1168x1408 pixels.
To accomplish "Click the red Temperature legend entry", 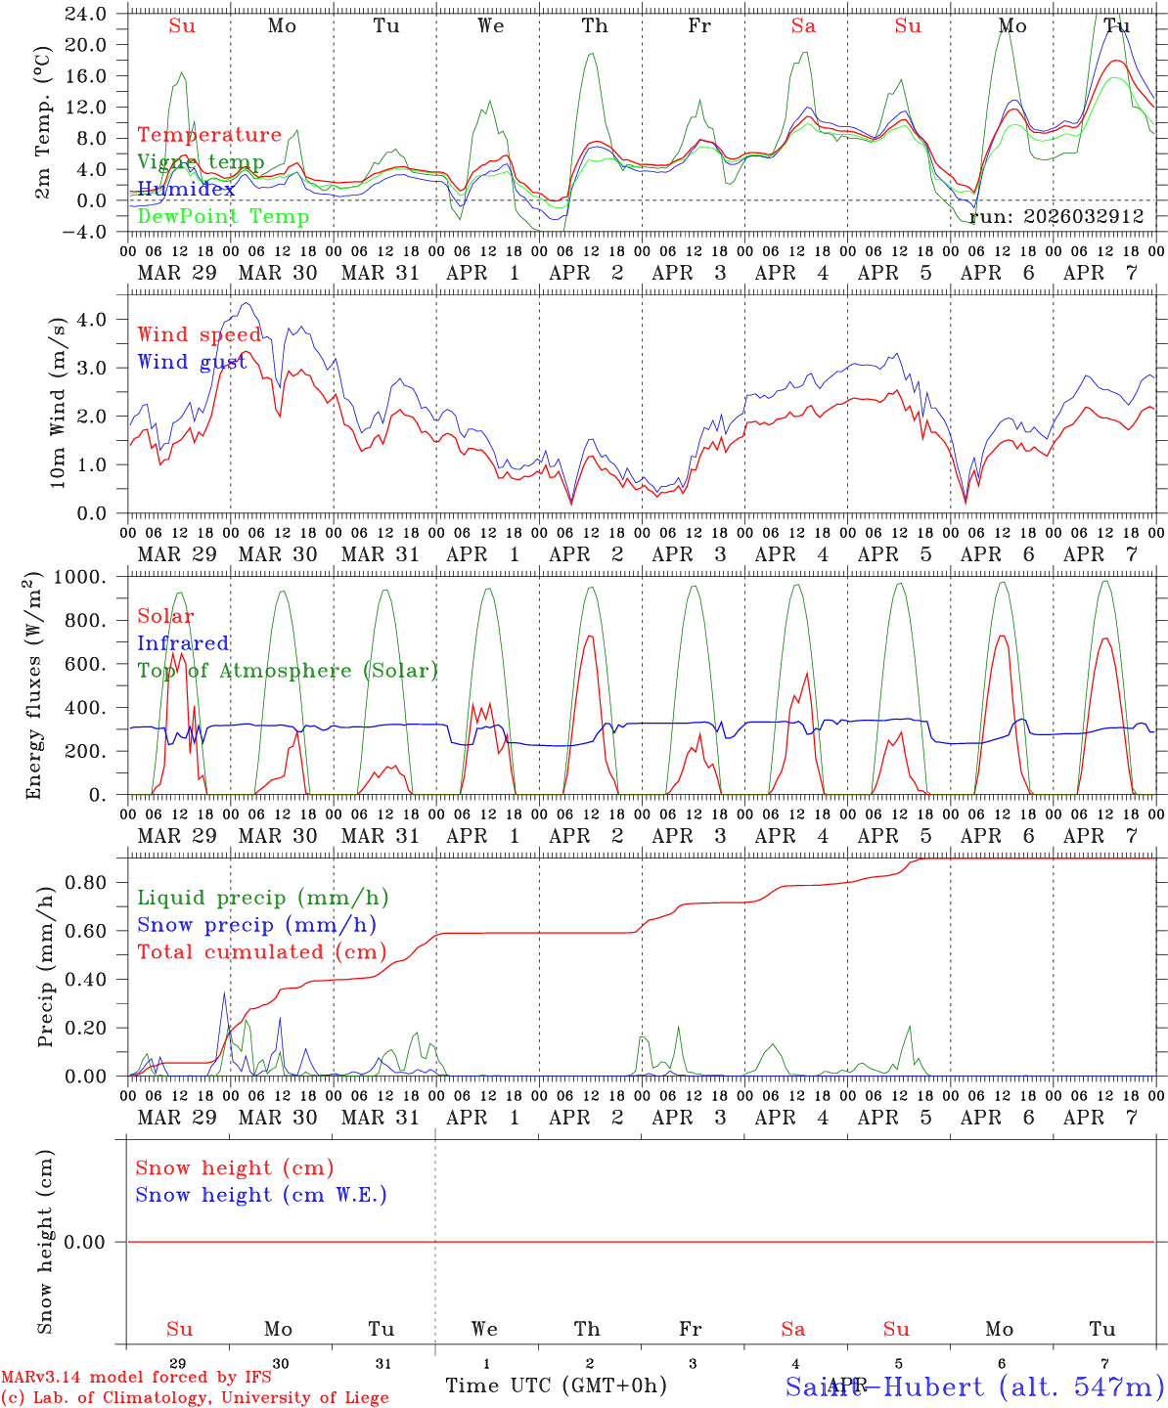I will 209,135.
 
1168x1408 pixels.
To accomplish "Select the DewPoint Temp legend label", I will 223,216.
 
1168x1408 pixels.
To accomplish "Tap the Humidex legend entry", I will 186,189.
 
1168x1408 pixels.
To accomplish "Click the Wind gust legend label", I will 192,362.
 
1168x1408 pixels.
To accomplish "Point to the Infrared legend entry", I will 183,643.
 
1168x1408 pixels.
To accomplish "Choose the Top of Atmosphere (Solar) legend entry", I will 288,671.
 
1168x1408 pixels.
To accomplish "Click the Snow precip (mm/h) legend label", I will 256,925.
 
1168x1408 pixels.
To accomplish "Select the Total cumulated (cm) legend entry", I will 261,951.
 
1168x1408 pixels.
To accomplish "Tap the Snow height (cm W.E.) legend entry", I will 261,1195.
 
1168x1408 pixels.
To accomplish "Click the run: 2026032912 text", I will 1056,216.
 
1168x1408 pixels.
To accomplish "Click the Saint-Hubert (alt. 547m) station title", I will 974,1386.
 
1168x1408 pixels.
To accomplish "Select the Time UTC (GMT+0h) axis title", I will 556,1386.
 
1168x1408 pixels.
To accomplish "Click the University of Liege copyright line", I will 195,1397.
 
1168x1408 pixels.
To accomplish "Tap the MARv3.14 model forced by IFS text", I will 136,1378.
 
